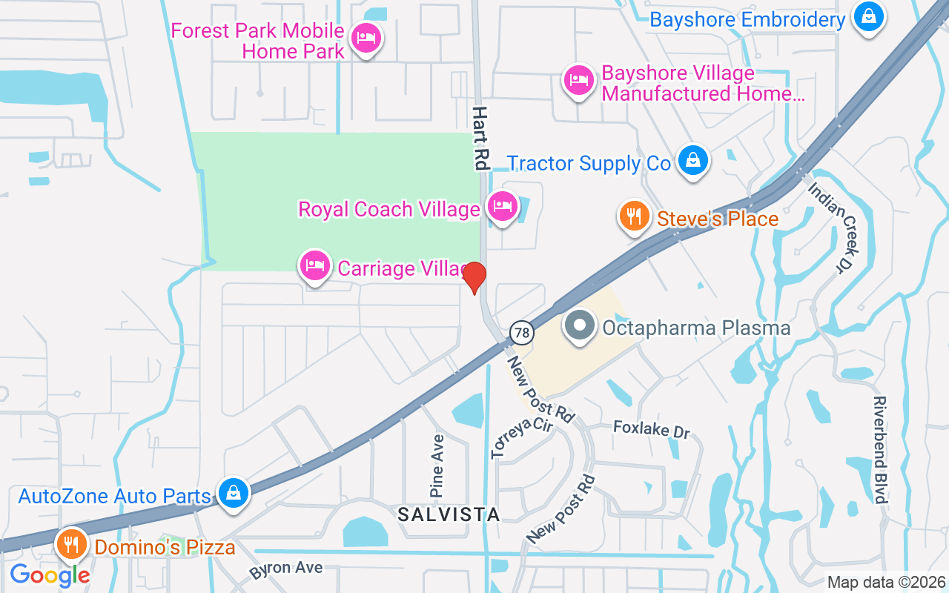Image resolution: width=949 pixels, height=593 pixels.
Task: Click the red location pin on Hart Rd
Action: click(474, 277)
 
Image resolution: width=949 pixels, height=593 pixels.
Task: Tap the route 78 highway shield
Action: click(522, 333)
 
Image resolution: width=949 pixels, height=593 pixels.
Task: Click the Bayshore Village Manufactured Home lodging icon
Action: click(578, 80)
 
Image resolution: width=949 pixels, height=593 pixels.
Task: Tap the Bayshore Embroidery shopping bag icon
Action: click(868, 16)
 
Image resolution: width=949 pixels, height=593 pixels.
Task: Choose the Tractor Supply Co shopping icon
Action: click(692, 160)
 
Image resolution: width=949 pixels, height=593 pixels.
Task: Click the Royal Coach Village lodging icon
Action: click(502, 206)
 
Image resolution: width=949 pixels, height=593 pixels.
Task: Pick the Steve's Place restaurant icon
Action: click(632, 216)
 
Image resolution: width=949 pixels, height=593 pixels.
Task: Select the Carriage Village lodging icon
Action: click(314, 265)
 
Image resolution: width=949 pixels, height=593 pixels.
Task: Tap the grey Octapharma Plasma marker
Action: click(580, 326)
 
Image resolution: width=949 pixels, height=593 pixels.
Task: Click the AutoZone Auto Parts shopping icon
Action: click(233, 493)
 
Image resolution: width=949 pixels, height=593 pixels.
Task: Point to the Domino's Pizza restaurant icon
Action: click(71, 546)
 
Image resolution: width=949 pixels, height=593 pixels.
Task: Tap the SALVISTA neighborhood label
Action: click(449, 514)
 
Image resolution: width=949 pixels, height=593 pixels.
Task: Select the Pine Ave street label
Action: click(437, 466)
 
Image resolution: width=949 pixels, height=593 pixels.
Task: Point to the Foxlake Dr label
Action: click(652, 429)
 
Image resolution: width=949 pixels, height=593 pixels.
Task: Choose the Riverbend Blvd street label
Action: click(880, 450)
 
